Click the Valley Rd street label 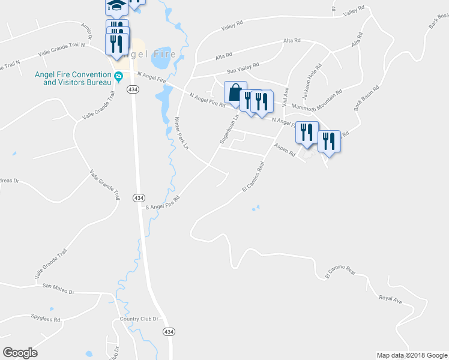232,25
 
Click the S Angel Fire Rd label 163,202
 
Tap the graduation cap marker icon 116,6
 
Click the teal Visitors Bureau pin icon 119,77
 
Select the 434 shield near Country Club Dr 169,331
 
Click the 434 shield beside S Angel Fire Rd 139,198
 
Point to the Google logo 20,353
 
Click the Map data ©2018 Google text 411,355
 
